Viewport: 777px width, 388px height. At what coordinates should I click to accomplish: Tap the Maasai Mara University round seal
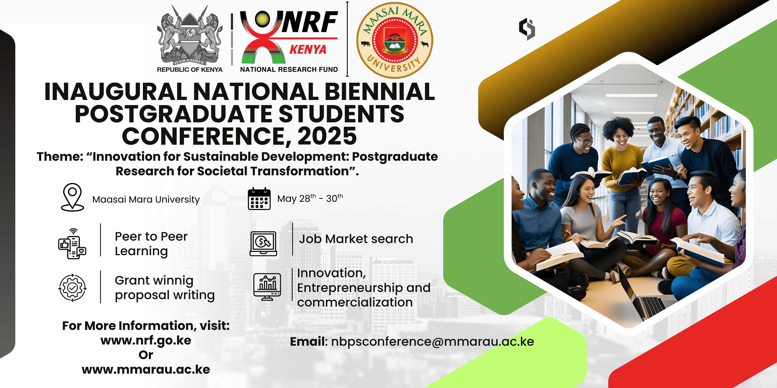pos(394,40)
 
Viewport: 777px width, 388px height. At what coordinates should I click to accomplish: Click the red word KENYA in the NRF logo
pos(308,49)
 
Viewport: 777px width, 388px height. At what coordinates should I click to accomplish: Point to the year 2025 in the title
pos(327,136)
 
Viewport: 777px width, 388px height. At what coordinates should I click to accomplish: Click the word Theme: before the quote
pos(60,157)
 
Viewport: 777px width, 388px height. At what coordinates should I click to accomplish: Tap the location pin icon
pos(72,197)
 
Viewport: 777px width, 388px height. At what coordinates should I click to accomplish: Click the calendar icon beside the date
pos(259,199)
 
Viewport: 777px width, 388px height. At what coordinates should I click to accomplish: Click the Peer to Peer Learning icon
pos(72,243)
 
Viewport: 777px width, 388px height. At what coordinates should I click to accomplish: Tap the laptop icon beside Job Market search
pos(263,244)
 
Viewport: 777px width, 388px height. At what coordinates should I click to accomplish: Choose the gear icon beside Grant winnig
pos(72,288)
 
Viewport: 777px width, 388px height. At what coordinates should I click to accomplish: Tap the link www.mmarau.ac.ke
pos(146,370)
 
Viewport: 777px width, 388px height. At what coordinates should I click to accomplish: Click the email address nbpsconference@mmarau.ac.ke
pos(432,342)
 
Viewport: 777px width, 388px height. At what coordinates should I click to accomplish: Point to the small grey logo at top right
pos(527,29)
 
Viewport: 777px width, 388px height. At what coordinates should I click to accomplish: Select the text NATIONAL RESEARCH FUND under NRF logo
pos(289,70)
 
